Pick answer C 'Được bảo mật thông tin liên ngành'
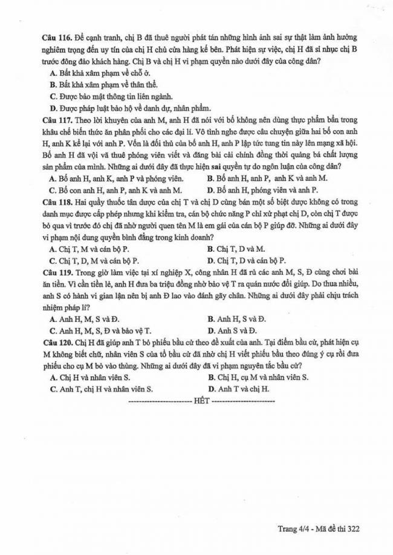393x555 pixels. click(112, 96)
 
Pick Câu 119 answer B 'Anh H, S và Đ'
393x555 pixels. click(237, 318)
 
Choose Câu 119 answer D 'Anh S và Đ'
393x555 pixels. click(232, 330)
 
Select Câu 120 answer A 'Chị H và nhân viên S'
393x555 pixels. click(90, 377)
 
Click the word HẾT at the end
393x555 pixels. click(200, 401)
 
